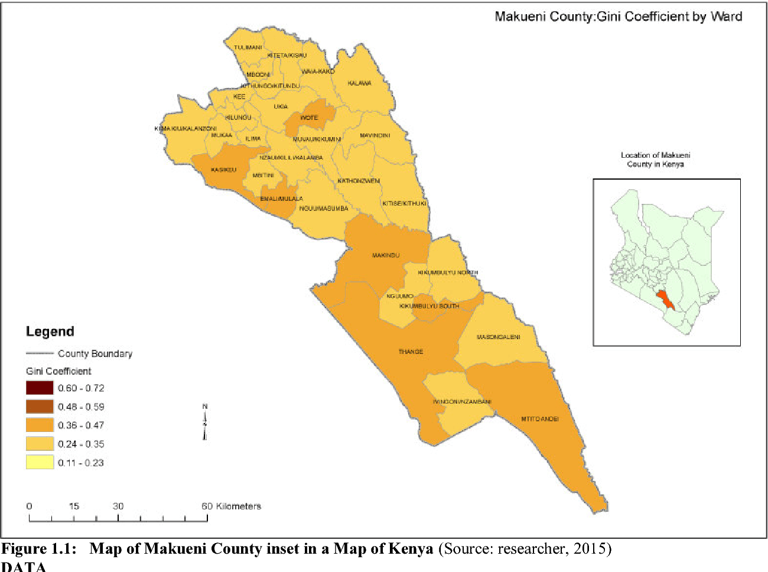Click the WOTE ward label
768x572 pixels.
[x=309, y=118]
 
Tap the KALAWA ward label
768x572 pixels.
[x=359, y=83]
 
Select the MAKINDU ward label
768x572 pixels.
[x=386, y=255]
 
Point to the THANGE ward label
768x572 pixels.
[x=411, y=352]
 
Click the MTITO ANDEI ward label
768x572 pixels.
[x=539, y=419]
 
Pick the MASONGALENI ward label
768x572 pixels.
[x=498, y=337]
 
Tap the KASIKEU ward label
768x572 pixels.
[x=223, y=170]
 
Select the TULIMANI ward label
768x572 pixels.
[x=248, y=47]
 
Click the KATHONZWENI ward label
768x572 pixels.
[x=359, y=181]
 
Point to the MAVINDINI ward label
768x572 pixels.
[x=375, y=135]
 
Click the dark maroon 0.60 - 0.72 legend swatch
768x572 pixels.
[x=40, y=388]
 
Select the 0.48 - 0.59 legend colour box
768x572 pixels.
[x=40, y=407]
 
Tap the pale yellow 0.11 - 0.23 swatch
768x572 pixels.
[x=40, y=462]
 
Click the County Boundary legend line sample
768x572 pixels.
[x=40, y=353]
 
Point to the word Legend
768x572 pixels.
[x=50, y=331]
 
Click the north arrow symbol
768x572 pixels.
[x=205, y=422]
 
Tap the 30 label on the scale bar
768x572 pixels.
[x=118, y=506]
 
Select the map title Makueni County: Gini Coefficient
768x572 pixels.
[x=618, y=17]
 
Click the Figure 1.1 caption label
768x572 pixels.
[x=39, y=549]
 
